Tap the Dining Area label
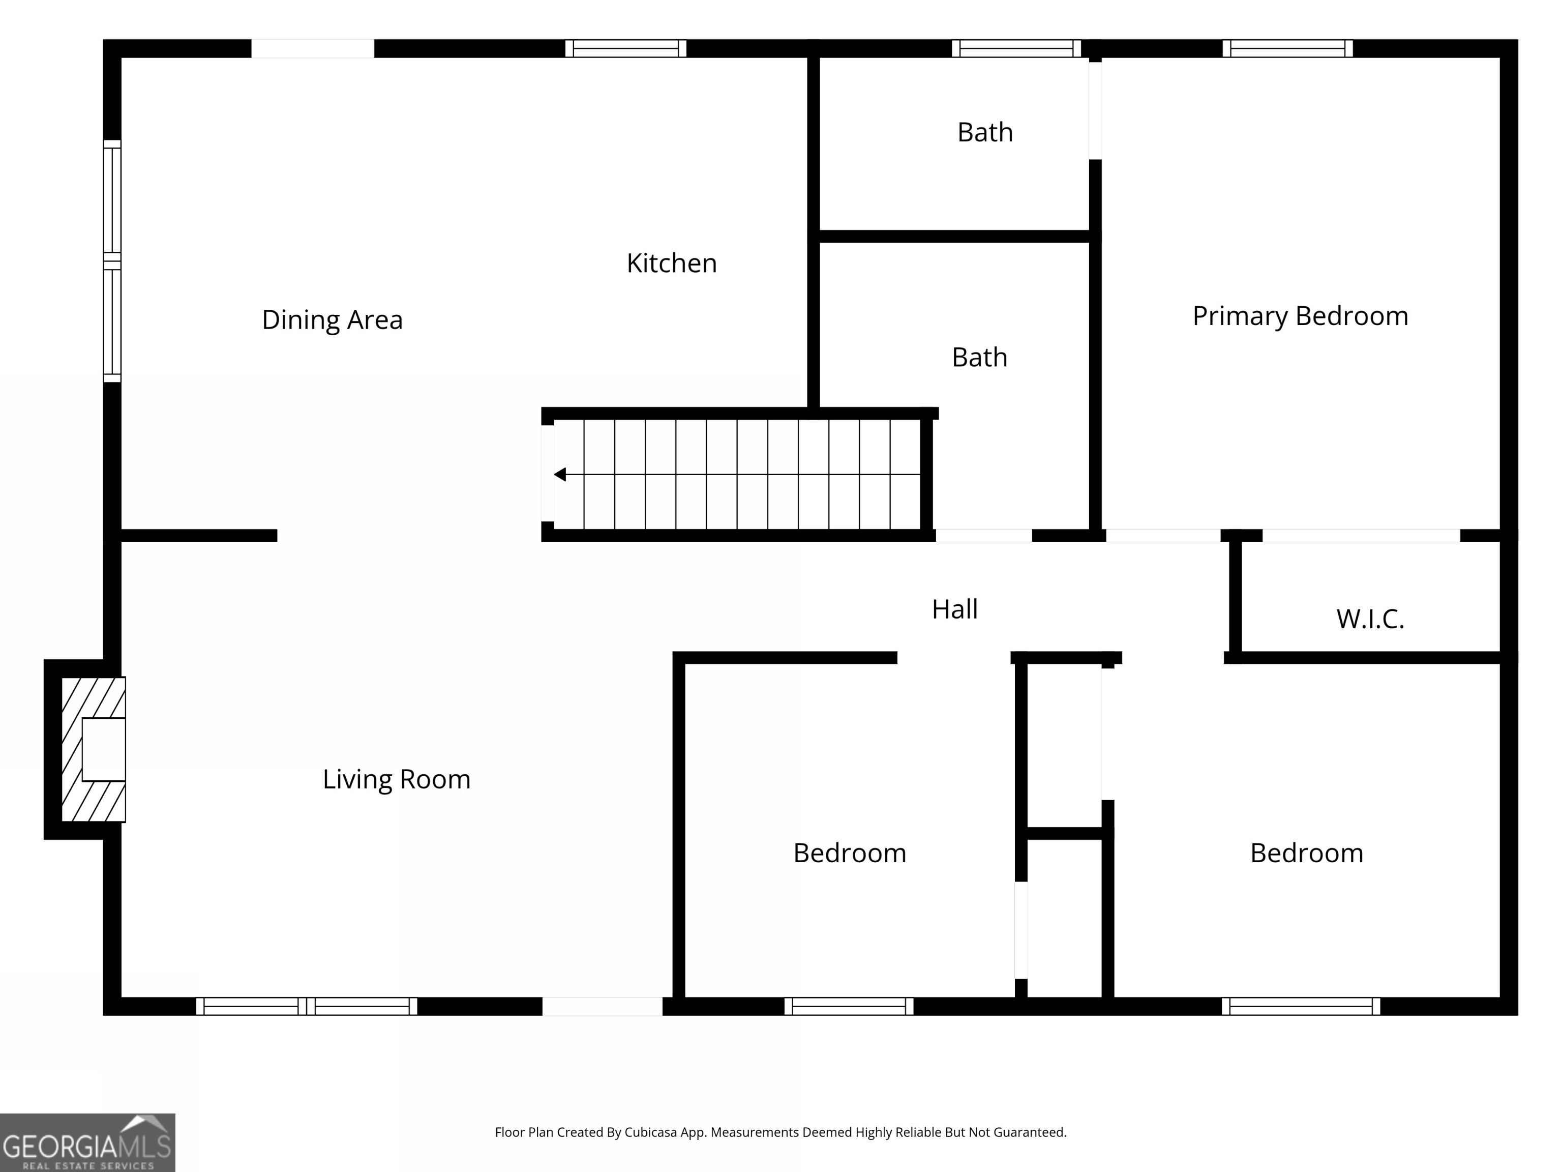(332, 320)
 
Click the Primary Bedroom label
(1300, 316)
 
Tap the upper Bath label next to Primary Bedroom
(984, 133)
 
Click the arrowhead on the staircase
(560, 475)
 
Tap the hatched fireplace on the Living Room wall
(93, 750)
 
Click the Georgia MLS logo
(87, 1142)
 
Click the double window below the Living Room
(307, 1006)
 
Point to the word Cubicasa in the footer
(650, 1132)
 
